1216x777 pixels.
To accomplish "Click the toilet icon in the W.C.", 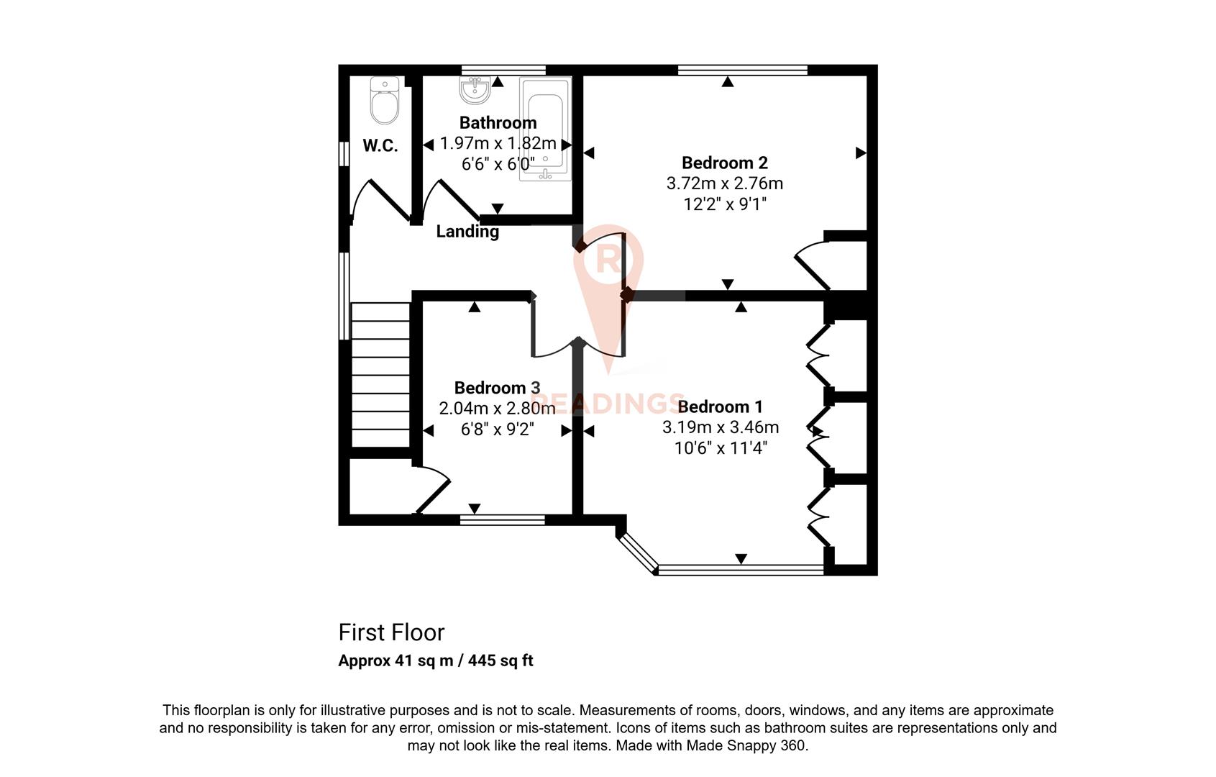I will click(x=385, y=101).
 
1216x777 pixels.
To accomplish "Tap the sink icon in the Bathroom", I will click(x=475, y=91).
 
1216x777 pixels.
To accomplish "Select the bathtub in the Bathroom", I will click(x=545, y=129).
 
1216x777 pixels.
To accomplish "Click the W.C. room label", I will click(x=380, y=146).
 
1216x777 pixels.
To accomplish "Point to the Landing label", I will click(x=467, y=231).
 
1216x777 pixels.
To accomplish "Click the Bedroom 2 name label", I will click(x=724, y=163).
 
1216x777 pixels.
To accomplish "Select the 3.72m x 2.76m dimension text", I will click(x=724, y=183).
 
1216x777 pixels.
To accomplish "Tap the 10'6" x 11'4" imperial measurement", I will click(x=721, y=448).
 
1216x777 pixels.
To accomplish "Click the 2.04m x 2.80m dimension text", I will click(x=497, y=409).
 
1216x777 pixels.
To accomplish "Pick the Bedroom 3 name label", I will click(x=497, y=388).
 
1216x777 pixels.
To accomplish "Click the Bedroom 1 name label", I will click(x=720, y=407).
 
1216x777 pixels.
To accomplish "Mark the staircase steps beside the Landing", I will click(x=380, y=374).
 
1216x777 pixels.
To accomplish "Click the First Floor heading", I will click(x=391, y=632).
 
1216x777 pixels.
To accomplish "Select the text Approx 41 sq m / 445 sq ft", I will click(x=436, y=660).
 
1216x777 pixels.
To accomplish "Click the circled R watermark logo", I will click(x=608, y=260).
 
